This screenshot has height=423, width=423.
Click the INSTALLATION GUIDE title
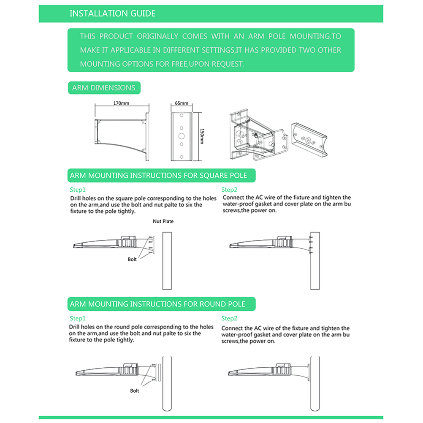[x=112, y=14]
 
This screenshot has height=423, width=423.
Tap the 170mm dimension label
[x=121, y=103]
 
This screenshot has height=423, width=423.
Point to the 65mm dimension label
[x=181, y=103]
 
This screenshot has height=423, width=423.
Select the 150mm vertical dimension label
[x=202, y=136]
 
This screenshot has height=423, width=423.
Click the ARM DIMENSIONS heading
[x=104, y=88]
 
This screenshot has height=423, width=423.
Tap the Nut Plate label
[x=163, y=221]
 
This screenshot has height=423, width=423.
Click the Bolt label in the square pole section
[x=132, y=259]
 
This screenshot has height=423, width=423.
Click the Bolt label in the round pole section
[x=134, y=391]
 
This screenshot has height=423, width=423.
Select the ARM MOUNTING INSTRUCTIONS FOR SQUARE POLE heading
[x=158, y=175]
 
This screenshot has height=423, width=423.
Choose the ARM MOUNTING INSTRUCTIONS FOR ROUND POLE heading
[x=157, y=304]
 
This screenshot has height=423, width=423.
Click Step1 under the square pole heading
[x=78, y=190]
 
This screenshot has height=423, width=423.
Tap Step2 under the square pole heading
[x=230, y=190]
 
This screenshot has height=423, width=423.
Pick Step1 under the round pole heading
[x=78, y=318]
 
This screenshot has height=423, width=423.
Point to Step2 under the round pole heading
[x=230, y=318]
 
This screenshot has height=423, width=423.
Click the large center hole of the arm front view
[x=181, y=136]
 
